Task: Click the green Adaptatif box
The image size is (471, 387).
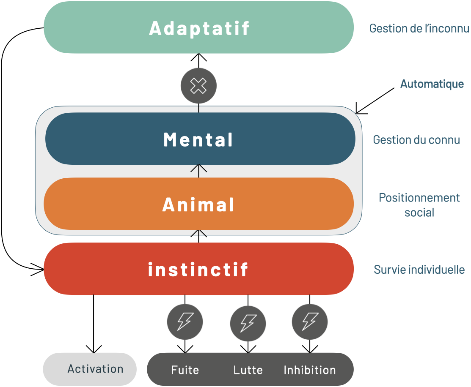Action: [199, 28]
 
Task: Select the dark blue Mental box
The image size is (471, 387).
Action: [199, 139]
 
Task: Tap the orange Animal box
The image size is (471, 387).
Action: [199, 204]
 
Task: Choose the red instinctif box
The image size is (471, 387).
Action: [199, 269]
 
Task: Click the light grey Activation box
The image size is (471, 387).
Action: [90, 369]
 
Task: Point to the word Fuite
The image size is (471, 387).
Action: [185, 370]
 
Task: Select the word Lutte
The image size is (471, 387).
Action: [248, 370]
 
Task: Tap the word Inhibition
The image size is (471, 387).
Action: [310, 370]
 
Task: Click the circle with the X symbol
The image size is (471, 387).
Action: [198, 86]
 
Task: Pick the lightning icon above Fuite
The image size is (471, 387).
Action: [185, 322]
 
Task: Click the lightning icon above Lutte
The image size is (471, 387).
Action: [248, 324]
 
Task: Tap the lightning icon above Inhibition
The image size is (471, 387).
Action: [310, 322]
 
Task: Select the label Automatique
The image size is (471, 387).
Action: [432, 84]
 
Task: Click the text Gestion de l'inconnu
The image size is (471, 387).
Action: [419, 28]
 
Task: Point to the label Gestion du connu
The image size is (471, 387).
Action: [416, 140]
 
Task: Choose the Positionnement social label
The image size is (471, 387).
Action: [419, 205]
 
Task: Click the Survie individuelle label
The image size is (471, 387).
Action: [419, 270]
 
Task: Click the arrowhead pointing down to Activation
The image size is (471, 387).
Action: [94, 349]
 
